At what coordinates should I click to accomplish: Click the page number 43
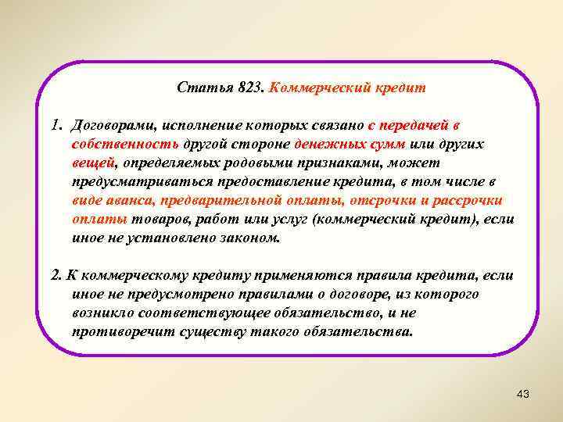523,394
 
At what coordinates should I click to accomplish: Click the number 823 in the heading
250,88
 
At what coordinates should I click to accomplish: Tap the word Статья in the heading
204,88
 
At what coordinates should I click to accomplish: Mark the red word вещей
91,163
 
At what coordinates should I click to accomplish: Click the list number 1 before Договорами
56,126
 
